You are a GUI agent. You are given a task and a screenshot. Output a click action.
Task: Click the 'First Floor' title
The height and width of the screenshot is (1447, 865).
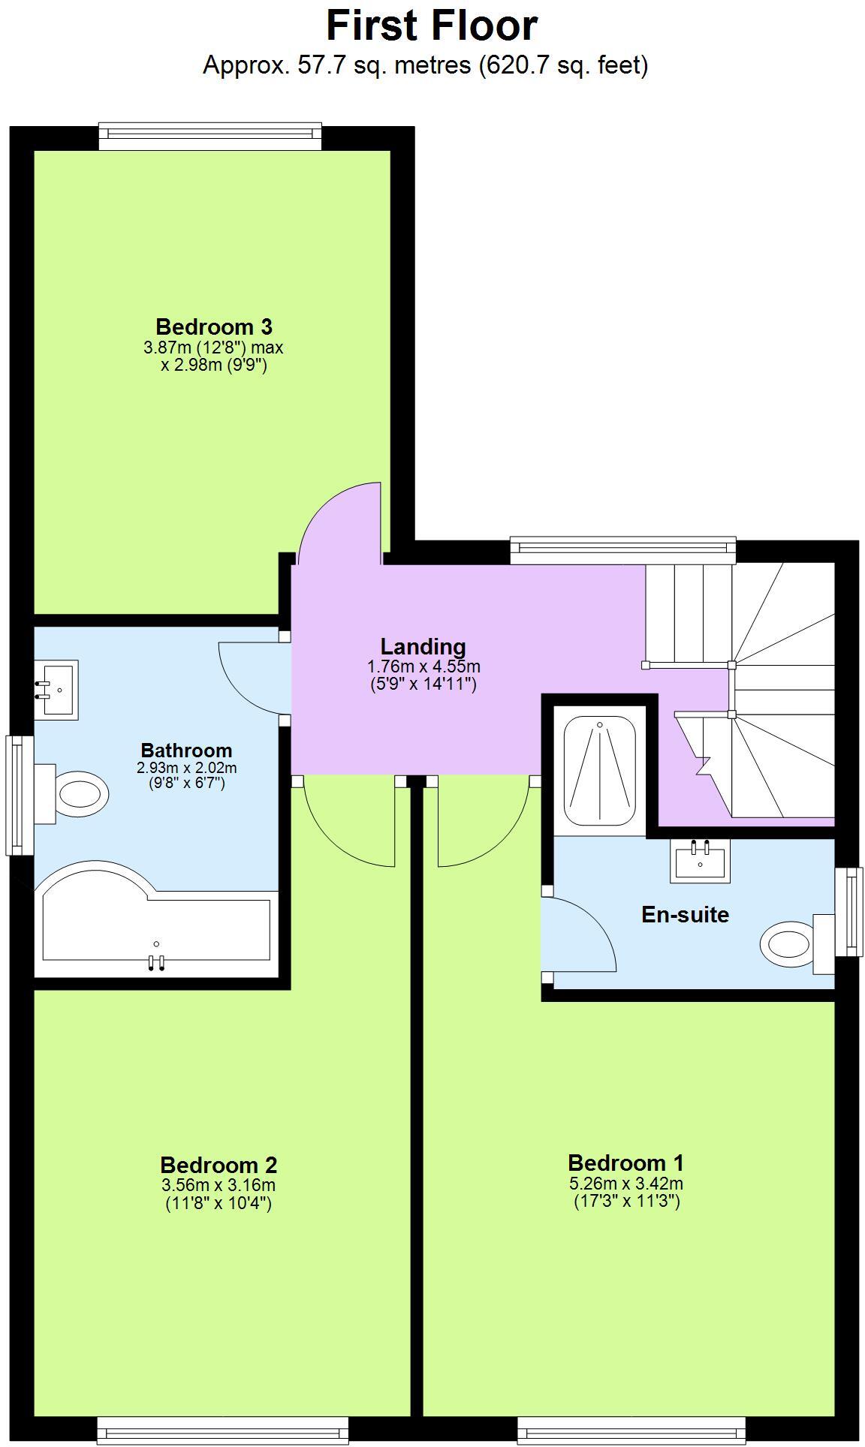pos(432,26)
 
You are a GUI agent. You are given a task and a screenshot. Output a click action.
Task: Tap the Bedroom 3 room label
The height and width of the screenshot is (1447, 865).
pos(213,326)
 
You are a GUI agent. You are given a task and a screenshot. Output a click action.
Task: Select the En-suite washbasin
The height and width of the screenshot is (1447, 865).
pos(701,859)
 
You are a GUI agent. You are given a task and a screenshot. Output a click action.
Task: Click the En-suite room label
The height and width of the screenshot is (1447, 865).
pos(685,915)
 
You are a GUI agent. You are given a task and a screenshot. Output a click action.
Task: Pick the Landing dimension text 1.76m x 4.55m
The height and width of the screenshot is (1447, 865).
pos(423,666)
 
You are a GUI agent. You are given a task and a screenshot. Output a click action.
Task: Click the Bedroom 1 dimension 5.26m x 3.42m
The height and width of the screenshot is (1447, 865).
pos(626,1184)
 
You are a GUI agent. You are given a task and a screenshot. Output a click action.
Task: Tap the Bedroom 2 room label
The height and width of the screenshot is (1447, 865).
pos(219,1165)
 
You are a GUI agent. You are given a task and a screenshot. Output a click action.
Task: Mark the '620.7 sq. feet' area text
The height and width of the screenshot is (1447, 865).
pos(564,66)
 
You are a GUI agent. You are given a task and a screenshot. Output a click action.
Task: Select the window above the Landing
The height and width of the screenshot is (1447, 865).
pos(622,549)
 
